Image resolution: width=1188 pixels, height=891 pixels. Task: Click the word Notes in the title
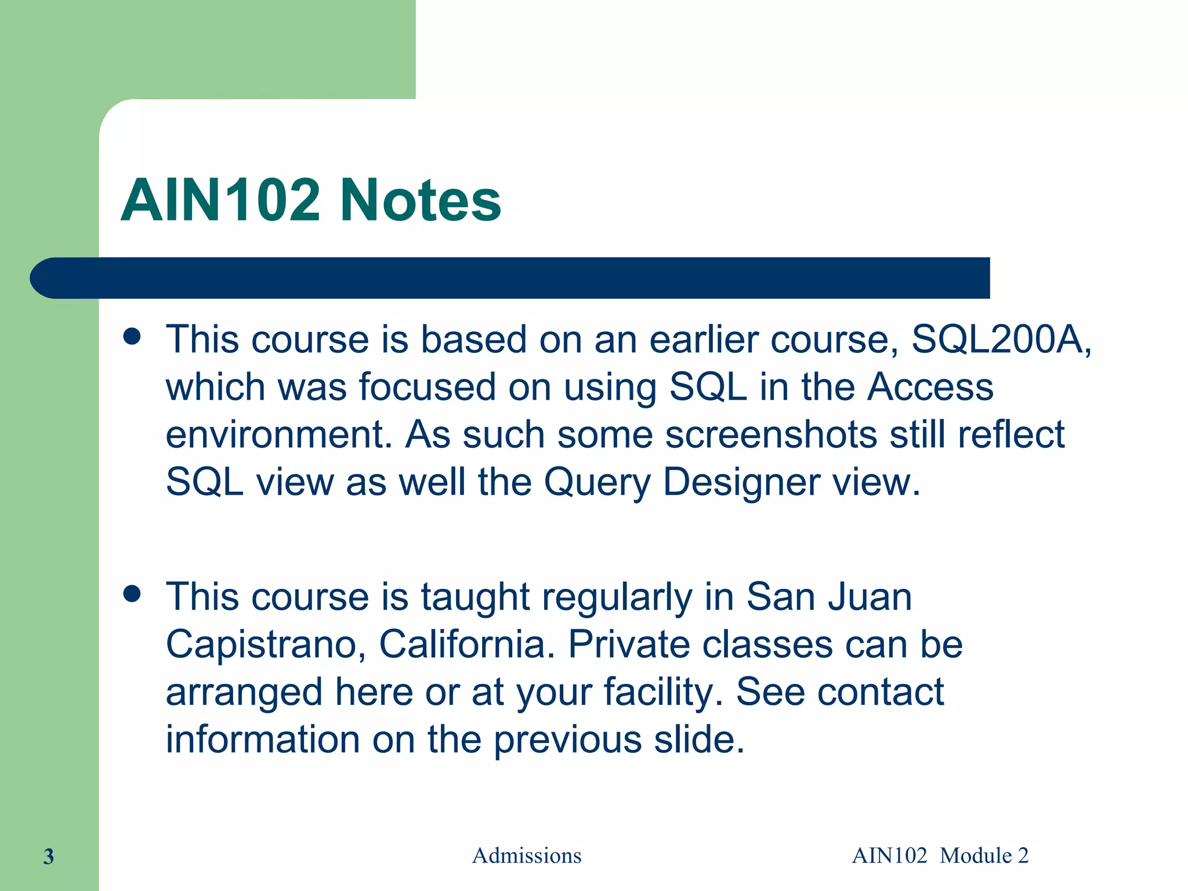pos(420,200)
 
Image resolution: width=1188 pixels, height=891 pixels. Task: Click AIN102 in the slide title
pos(220,200)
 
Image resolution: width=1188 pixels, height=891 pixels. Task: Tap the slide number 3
pos(49,856)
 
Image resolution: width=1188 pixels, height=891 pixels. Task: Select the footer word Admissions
pos(527,856)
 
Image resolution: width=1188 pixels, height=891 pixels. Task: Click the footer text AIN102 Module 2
pos(940,856)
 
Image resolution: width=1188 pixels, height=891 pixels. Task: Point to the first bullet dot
pos(132,336)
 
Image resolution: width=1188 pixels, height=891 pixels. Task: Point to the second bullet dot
pos(132,593)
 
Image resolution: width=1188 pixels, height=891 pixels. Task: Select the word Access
pos(930,387)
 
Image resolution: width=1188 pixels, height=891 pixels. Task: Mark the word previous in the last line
pos(567,740)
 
